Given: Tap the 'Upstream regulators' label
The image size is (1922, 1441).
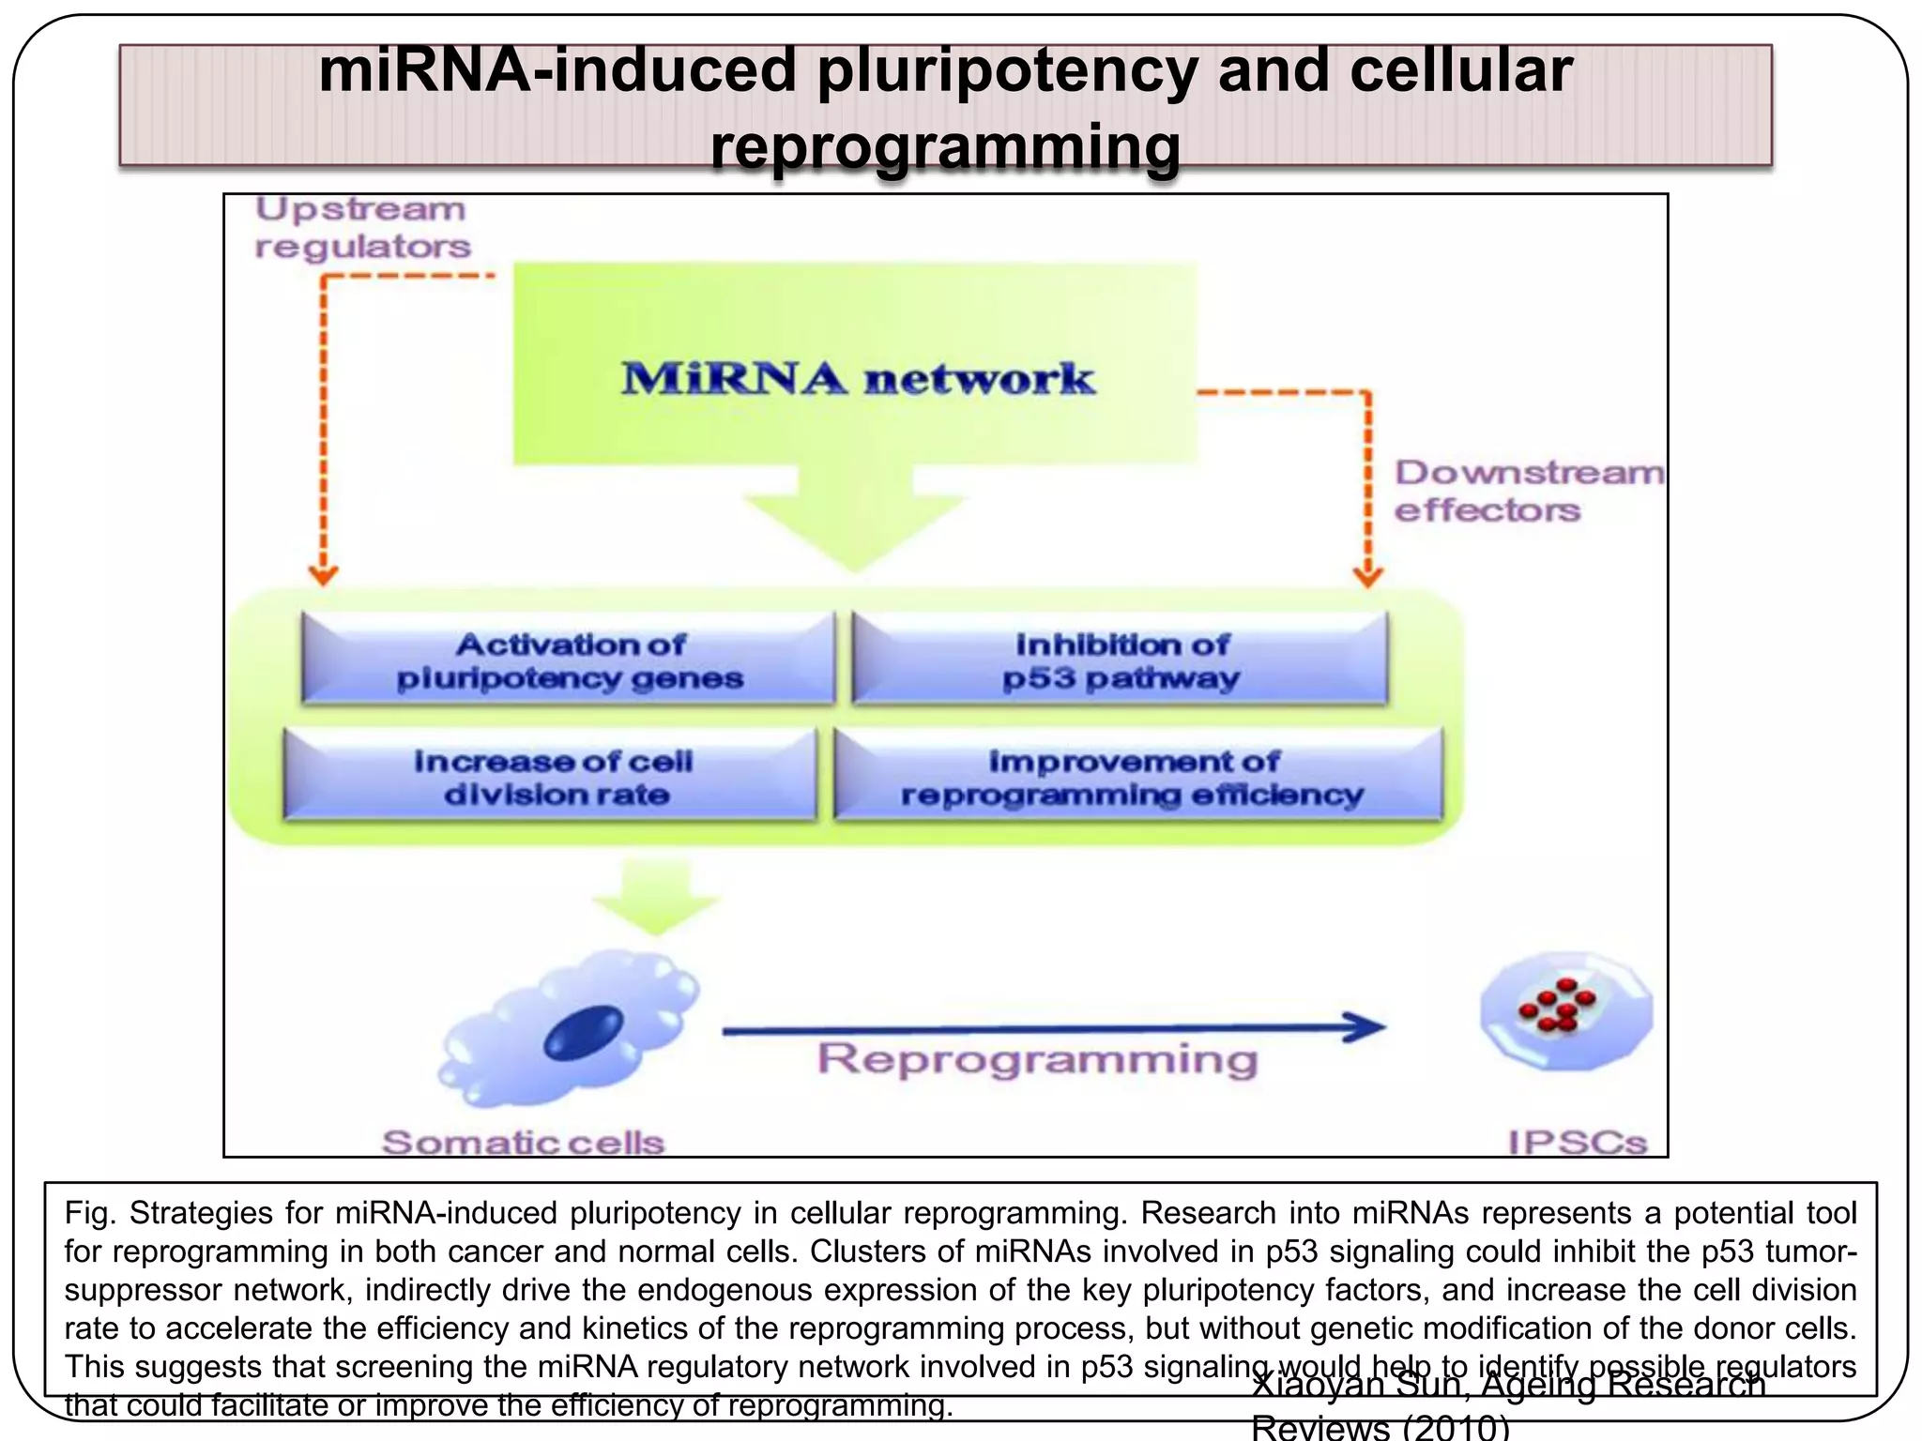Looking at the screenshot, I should pyautogui.click(x=361, y=228).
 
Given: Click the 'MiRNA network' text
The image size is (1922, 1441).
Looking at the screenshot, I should pyautogui.click(x=857, y=379).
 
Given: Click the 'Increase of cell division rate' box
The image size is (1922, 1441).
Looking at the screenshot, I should pyautogui.click(x=553, y=777).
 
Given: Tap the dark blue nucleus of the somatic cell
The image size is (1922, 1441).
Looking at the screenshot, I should pyautogui.click(x=584, y=1033).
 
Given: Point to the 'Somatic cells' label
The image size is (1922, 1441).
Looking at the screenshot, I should pyautogui.click(x=523, y=1142).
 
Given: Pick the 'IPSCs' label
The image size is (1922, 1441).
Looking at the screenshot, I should pyautogui.click(x=1577, y=1142).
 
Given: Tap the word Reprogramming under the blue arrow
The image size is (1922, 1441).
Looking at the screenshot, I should pyautogui.click(x=1037, y=1059).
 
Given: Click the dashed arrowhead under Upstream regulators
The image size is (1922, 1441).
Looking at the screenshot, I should pyautogui.click(x=323, y=574).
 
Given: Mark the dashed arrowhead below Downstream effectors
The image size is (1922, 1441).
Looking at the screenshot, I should pyautogui.click(x=1367, y=575).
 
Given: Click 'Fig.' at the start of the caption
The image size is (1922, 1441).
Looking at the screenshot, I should pyautogui.click(x=89, y=1213).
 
